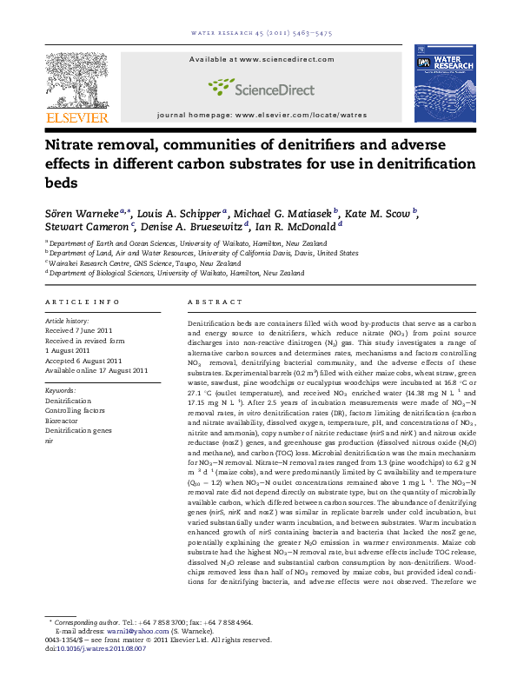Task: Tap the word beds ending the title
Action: click(x=58, y=183)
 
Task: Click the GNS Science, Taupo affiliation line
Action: click(x=118, y=262)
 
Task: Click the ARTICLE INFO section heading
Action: click(x=72, y=301)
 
